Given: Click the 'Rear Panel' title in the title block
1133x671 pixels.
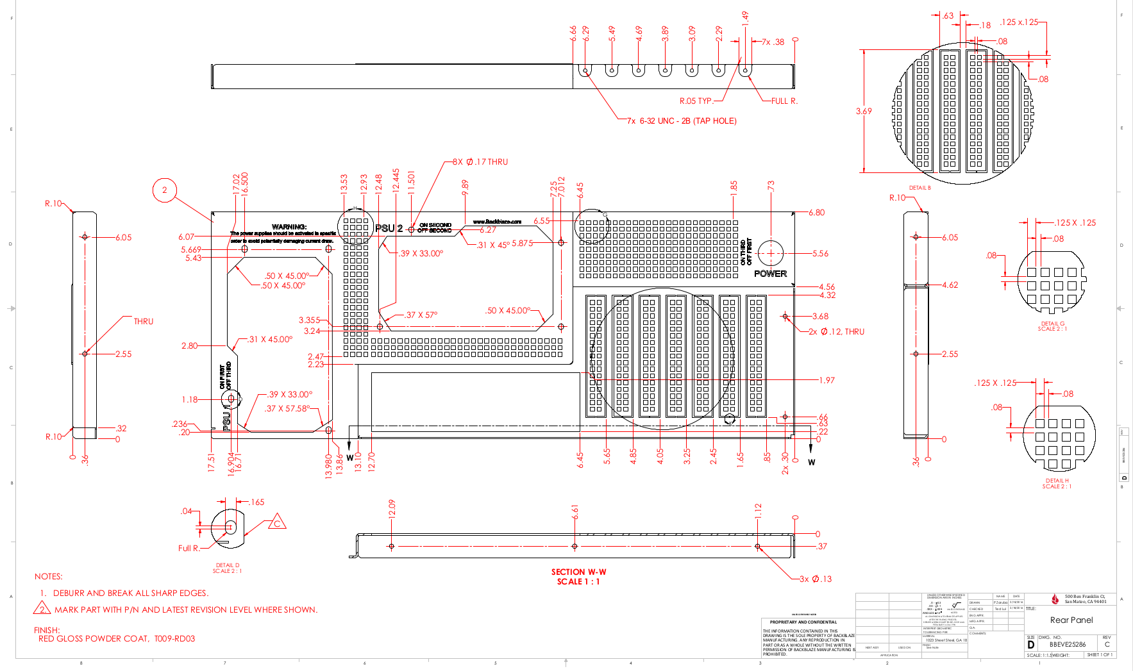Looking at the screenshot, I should [1071, 620].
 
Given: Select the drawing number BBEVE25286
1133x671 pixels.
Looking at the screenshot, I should [1068, 644].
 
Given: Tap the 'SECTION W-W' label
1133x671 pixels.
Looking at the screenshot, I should [578, 572].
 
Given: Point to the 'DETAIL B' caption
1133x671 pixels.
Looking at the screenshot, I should [919, 188].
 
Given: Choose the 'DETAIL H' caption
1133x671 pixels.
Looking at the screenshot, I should [1057, 481].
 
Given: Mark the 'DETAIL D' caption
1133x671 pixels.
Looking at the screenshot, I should [228, 565].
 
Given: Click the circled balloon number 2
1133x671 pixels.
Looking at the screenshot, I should [165, 190].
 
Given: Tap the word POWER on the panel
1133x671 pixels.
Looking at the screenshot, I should [770, 274].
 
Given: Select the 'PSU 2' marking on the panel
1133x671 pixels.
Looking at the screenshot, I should [389, 228].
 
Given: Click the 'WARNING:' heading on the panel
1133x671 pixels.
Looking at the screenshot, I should [289, 226].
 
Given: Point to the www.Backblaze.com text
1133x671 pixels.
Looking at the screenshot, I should [497, 222].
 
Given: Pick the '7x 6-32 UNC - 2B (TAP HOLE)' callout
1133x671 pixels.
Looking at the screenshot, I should [682, 120].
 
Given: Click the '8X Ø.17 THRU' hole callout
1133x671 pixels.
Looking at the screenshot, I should [480, 162].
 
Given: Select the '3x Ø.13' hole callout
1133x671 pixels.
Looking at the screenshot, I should [815, 579].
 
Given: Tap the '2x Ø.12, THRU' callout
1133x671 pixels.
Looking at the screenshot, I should [836, 331].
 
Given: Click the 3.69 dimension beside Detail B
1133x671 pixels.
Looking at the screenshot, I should [864, 111].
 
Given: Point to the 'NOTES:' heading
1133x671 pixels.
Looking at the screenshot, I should [49, 576].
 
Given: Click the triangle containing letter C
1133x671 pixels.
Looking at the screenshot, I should [277, 523].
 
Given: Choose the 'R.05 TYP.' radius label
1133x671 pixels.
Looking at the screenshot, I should [696, 101].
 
